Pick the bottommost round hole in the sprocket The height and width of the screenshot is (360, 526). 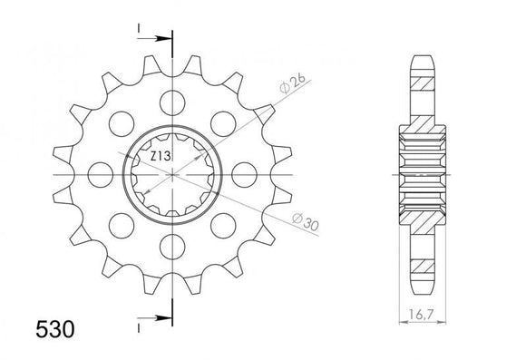point(172,248)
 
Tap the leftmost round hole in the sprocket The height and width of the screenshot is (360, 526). point(99,173)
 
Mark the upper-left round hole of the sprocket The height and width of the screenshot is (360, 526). point(120,121)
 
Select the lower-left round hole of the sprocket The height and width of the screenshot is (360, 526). point(120,226)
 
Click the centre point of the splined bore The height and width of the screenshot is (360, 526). point(172,173)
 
